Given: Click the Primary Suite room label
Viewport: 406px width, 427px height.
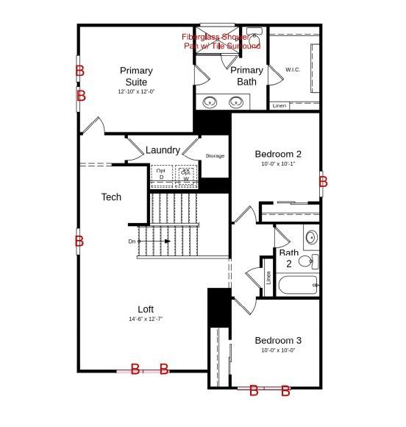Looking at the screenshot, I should [136, 77].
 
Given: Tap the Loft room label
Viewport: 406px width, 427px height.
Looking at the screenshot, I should [146, 308].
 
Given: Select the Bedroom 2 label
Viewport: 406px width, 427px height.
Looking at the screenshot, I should [278, 154].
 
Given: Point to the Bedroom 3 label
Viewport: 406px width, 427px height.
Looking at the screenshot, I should [278, 341].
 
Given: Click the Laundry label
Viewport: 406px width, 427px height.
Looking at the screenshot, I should [163, 150].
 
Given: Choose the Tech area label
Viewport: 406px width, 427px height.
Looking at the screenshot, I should [111, 197].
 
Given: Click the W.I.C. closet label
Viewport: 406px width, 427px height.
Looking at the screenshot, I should [293, 70].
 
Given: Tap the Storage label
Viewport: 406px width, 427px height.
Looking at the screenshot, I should [215, 156].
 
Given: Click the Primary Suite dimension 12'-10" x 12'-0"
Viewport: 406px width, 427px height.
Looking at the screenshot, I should [136, 92].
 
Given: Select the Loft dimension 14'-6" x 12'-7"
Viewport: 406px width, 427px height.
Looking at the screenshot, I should [146, 320].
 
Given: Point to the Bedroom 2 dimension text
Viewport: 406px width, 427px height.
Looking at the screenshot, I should [278, 164].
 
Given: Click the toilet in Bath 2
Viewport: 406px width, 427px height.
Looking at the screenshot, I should [307, 261].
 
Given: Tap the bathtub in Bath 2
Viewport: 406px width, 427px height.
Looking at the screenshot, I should [297, 285].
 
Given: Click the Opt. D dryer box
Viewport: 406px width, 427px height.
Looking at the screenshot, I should [161, 174].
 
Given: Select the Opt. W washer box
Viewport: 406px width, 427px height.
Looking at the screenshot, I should [186, 174].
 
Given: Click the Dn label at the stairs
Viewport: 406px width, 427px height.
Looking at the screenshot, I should [132, 241].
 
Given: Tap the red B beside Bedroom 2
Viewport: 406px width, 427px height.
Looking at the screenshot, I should [322, 181].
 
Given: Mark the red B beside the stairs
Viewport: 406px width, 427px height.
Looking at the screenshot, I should [79, 241].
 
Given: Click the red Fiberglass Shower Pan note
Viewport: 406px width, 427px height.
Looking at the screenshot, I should [221, 41].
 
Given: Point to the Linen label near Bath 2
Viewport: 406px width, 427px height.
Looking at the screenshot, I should [268, 278].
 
